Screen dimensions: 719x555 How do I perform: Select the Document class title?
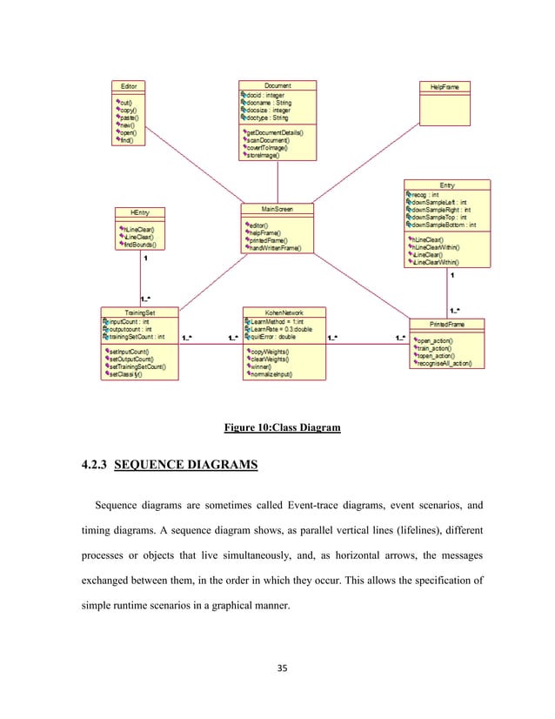tap(277, 85)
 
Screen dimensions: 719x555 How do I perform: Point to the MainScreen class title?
tap(277, 209)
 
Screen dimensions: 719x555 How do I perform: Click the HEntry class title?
tap(140, 212)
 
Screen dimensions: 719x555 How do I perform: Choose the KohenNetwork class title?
tap(284, 311)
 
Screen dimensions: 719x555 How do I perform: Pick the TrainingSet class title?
tap(140, 311)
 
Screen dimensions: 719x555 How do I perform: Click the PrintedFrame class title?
tap(446, 323)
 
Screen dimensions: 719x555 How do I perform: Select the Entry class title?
tap(447, 185)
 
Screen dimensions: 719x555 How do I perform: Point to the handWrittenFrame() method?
tap(277, 248)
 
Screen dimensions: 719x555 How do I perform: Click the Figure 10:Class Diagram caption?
tap(277, 427)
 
